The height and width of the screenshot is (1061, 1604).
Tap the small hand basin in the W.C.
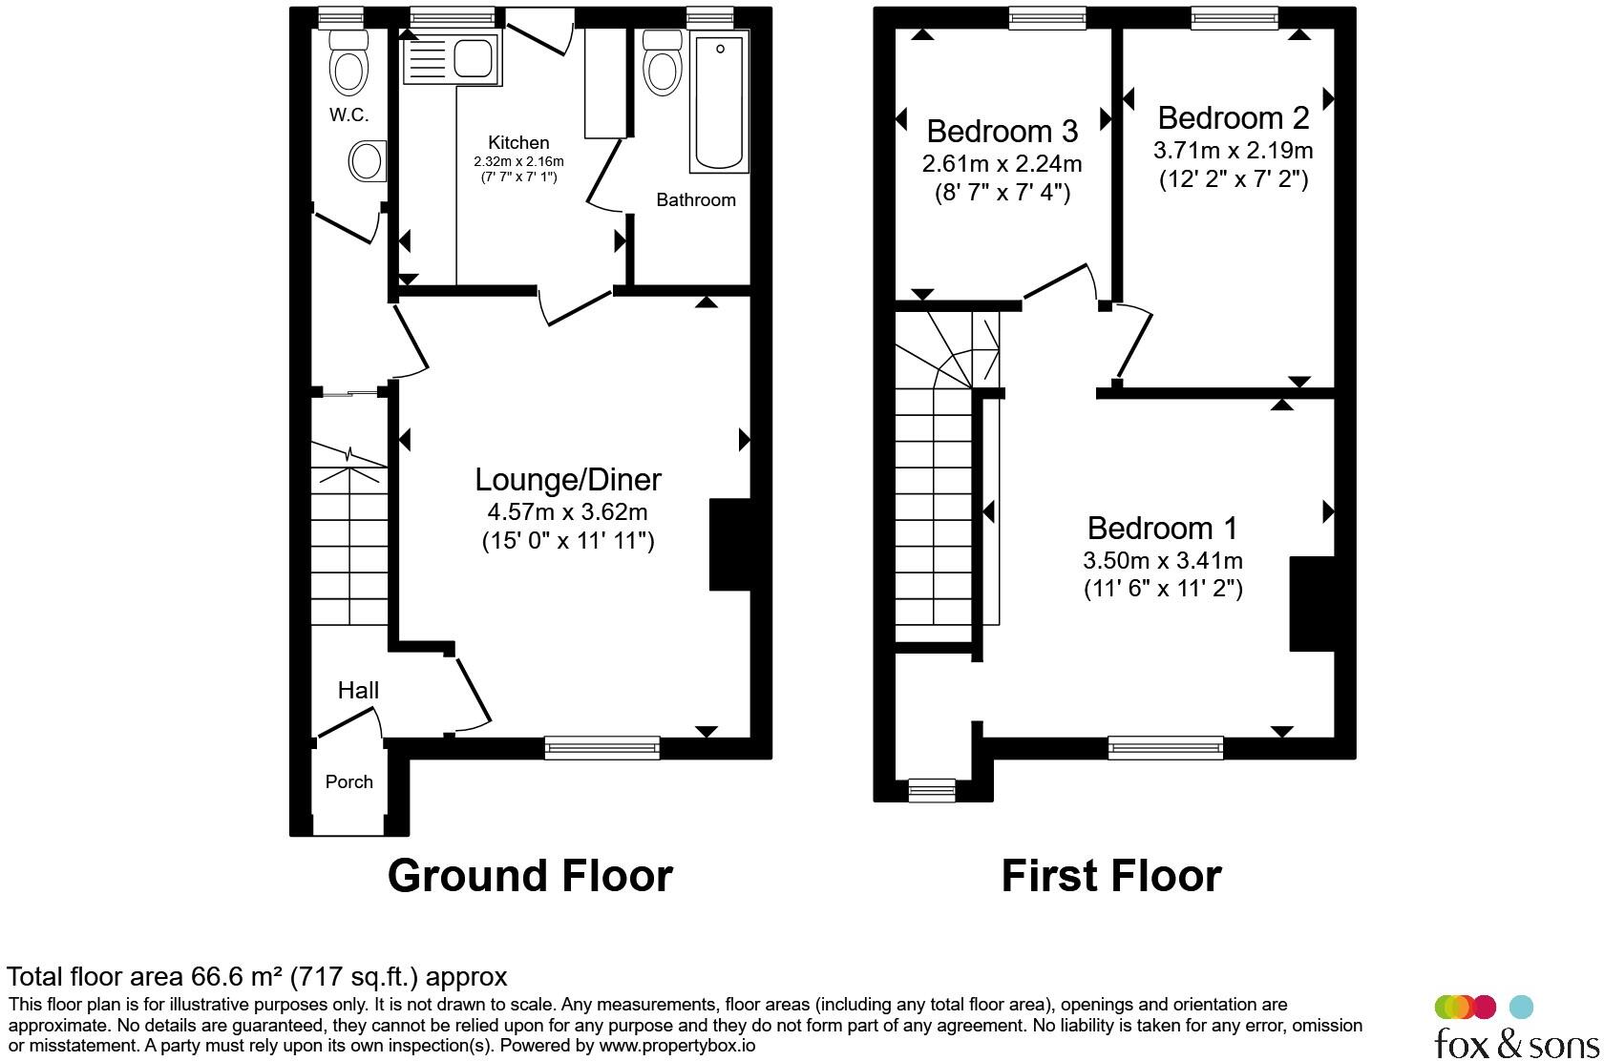(369, 161)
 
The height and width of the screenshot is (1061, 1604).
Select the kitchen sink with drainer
(451, 57)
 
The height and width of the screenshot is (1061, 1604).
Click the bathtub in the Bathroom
(719, 101)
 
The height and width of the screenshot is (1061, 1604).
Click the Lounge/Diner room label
(568, 479)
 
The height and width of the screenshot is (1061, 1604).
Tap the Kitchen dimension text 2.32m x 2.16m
(518, 161)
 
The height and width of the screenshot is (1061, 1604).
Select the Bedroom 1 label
(1162, 528)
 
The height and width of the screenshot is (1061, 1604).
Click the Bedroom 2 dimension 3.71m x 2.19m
(1234, 150)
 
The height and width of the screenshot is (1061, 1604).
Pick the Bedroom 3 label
(1002, 131)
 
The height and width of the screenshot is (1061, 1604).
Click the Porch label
(348, 781)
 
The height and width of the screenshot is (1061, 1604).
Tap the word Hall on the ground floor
(358, 691)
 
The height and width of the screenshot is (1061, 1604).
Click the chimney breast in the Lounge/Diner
(729, 545)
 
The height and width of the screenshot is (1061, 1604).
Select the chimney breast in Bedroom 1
(1311, 604)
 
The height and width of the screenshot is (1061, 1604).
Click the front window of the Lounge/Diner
(601, 748)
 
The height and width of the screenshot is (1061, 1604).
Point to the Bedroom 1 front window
(1165, 748)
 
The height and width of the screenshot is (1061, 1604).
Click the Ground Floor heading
(530, 876)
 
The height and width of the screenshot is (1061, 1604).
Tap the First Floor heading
(1111, 876)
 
